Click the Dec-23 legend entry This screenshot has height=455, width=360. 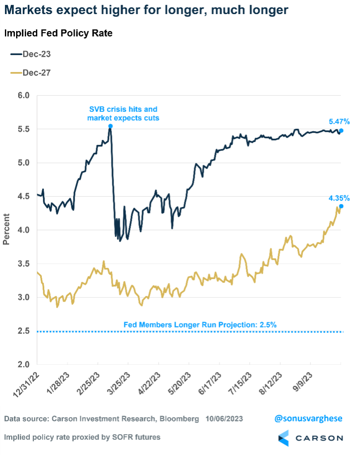[31, 54]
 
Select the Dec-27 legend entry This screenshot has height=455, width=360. [31, 73]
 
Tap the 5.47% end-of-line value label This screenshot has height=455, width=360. [339, 122]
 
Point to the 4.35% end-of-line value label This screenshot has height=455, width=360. [339, 198]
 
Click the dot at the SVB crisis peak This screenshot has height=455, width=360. [110, 126]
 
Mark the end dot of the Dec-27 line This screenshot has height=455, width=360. [341, 206]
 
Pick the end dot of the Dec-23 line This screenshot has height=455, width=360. [341, 131]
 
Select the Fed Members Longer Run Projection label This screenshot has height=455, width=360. [200, 325]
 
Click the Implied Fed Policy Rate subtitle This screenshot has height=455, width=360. [58, 34]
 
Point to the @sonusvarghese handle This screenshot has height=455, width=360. [308, 418]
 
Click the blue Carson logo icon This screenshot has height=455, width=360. [283, 438]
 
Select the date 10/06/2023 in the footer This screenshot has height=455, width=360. [224, 419]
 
